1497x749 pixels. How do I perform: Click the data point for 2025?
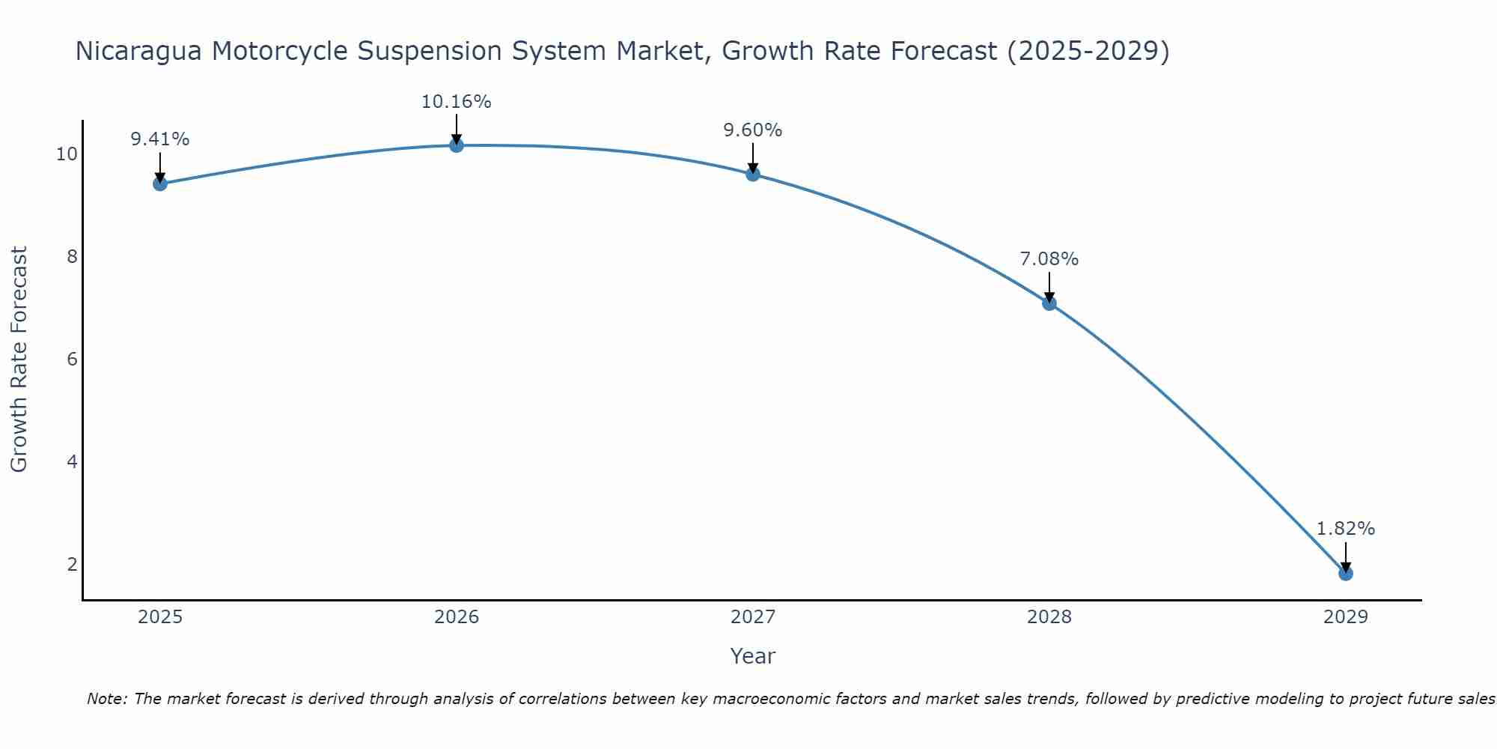[159, 184]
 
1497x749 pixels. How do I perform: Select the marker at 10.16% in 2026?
[457, 145]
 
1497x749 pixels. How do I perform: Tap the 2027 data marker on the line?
[753, 174]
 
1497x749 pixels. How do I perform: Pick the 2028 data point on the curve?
[1049, 303]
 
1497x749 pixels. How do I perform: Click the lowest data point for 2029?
[1346, 574]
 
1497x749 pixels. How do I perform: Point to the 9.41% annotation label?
[159, 139]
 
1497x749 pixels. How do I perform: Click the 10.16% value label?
[456, 102]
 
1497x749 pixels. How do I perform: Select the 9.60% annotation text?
[752, 130]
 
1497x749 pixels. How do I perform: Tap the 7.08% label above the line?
[1049, 259]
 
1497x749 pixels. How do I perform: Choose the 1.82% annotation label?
[1345, 529]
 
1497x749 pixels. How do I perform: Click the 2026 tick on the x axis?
[457, 617]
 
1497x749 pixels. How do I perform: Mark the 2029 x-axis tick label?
[1346, 617]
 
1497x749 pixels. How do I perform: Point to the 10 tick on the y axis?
[67, 154]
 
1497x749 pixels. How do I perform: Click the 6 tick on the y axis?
[72, 360]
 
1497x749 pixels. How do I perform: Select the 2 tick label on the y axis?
[72, 564]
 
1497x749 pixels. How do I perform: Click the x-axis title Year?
[752, 656]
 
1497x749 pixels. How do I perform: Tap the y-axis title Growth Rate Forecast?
[19, 359]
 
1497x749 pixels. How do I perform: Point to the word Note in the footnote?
[106, 699]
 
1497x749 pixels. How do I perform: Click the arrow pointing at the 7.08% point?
[1049, 286]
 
